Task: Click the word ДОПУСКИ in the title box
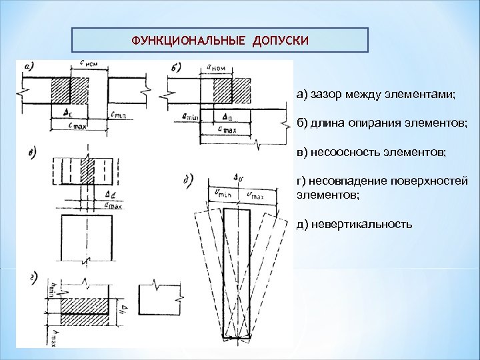coord(280,40)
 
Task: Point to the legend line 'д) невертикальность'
coord(354,223)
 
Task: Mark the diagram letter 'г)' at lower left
coord(33,279)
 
